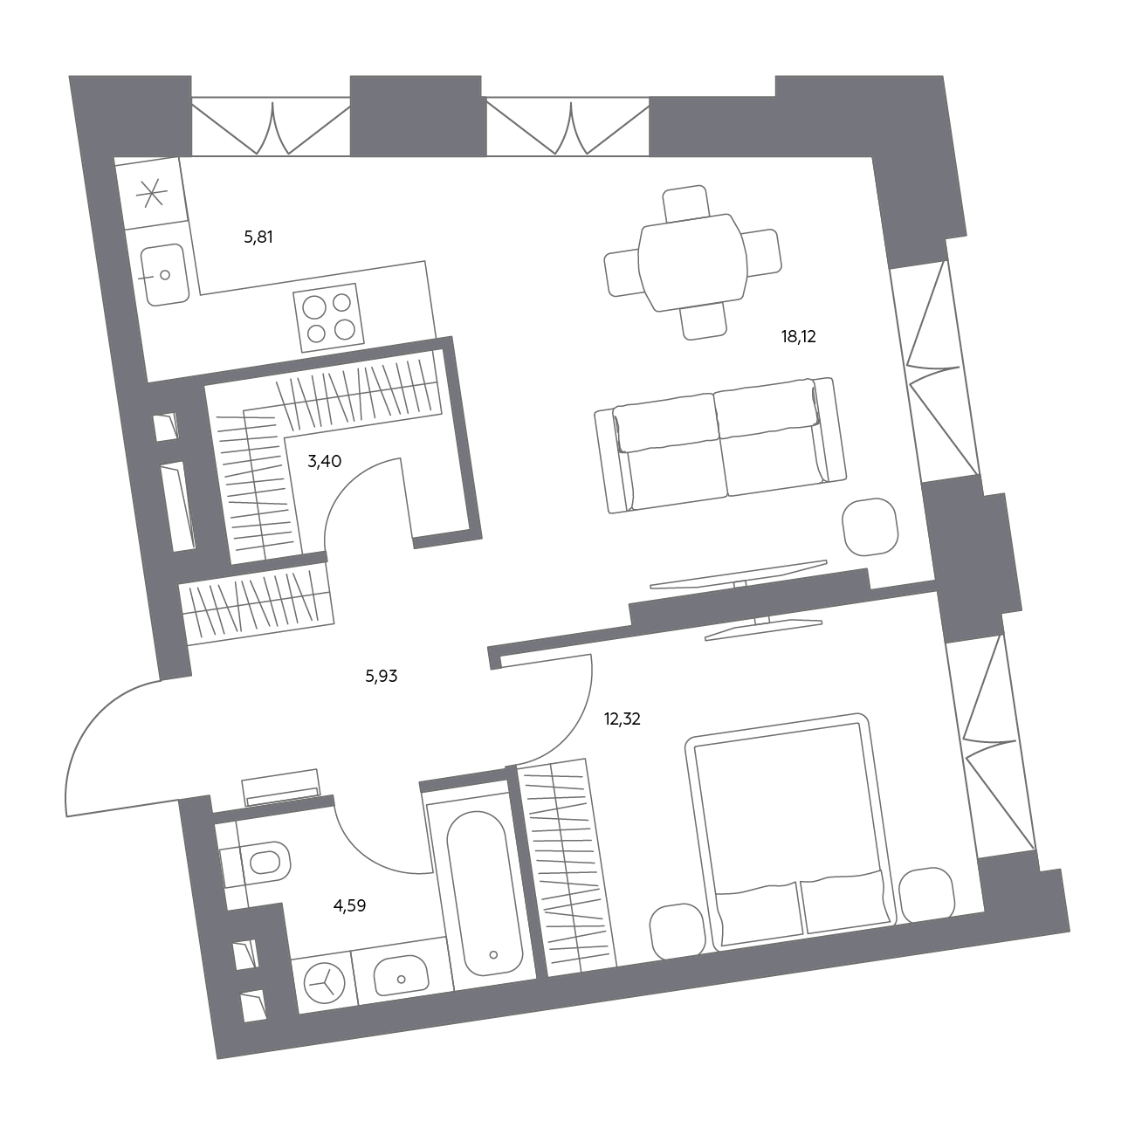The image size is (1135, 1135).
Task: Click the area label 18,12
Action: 798,337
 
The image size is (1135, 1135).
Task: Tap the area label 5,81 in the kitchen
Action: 258,237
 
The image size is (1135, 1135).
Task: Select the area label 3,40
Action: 324,461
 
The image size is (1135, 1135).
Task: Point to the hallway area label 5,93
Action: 381,676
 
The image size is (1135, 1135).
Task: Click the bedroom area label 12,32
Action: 622,719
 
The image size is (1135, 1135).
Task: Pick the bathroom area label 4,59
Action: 349,905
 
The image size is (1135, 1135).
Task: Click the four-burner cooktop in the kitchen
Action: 328,318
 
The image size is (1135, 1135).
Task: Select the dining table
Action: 693,262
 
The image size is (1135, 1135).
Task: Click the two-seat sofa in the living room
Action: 720,445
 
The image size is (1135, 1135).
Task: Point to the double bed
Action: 790,832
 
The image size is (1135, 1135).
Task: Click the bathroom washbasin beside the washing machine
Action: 401,976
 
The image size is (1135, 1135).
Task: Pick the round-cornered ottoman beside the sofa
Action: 870,526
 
